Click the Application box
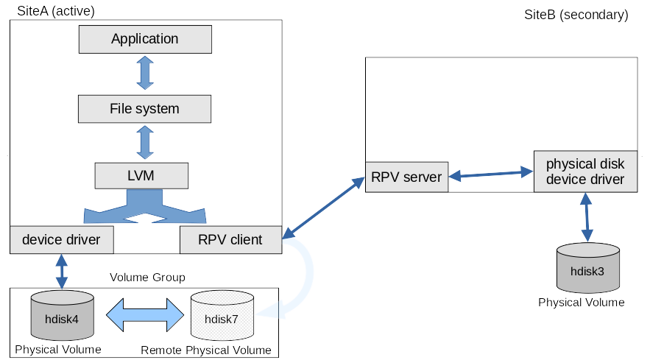tap(144, 39)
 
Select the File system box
tap(144, 109)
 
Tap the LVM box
tap(141, 175)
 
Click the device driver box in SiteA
tap(61, 239)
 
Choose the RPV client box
tap(230, 239)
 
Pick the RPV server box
tap(406, 177)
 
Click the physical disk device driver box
tap(585, 172)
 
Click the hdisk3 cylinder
tap(587, 270)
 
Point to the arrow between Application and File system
tap(144, 73)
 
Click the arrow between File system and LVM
tap(144, 142)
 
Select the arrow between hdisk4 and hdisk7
tap(144, 315)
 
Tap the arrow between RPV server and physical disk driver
tap(490, 174)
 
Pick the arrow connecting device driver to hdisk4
tap(61, 271)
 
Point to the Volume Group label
tap(147, 278)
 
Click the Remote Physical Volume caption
tap(206, 350)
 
